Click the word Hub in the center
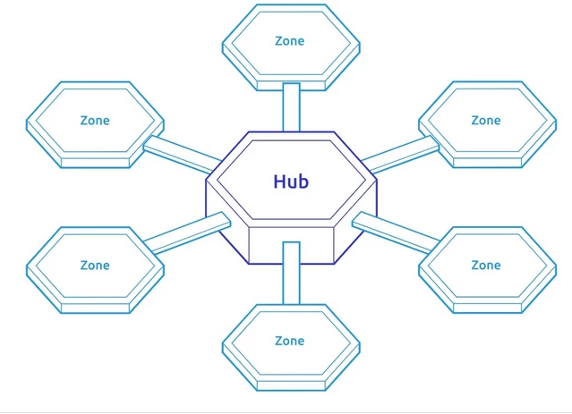(x=291, y=182)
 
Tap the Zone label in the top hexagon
(x=290, y=41)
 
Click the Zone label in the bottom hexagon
(x=290, y=341)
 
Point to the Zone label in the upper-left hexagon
(x=95, y=120)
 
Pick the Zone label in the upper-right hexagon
(x=486, y=120)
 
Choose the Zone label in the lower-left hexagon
(x=95, y=265)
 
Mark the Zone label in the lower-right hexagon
(x=486, y=265)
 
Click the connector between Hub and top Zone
(x=291, y=106)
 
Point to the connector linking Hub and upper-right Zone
(x=401, y=153)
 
